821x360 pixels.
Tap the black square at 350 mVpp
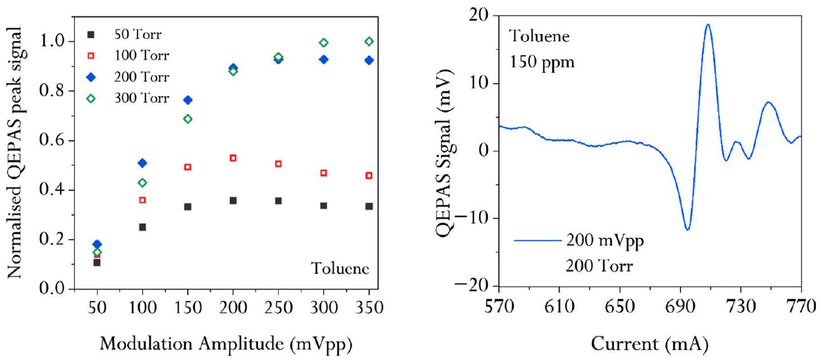[369, 206]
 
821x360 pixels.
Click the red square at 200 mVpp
[233, 158]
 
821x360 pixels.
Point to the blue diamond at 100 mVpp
[142, 163]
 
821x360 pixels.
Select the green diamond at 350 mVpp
[369, 41]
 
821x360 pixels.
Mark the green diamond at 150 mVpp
[187, 119]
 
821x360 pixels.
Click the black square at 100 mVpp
[142, 227]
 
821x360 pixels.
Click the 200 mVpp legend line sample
[538, 241]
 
